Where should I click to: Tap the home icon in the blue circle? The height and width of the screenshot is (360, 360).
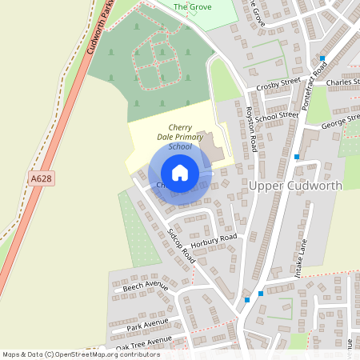coord(180,173)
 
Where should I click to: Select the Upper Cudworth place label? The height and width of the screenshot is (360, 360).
coord(296,186)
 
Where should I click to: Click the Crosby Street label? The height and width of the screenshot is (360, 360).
coord(278,84)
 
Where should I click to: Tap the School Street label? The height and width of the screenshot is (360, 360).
coord(277,115)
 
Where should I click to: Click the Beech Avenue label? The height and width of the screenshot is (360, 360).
coord(144,285)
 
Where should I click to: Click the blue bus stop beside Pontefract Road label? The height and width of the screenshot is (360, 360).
coord(322,58)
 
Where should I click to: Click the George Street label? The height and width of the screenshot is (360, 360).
coord(341,120)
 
